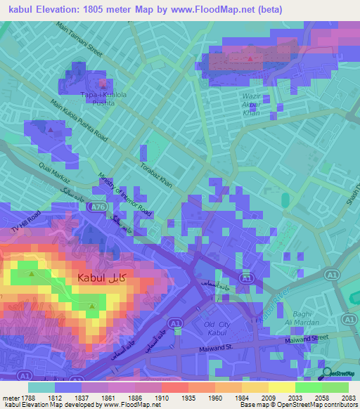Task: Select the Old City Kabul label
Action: [217, 328]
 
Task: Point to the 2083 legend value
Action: [348, 398]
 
